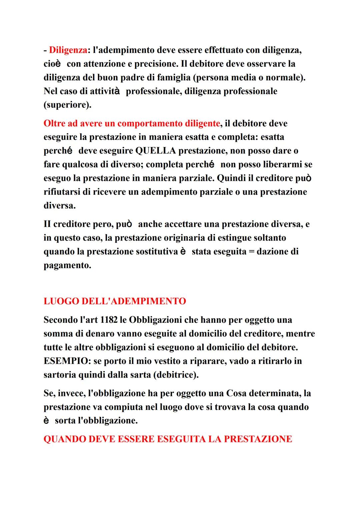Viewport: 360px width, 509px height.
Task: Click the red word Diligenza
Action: [x=68, y=50]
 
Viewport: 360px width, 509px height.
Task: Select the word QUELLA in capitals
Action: [x=156, y=151]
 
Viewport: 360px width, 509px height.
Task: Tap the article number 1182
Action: [x=108, y=320]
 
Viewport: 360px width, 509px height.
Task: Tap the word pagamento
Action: [x=67, y=265]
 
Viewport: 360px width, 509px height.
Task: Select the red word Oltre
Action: [x=54, y=123]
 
